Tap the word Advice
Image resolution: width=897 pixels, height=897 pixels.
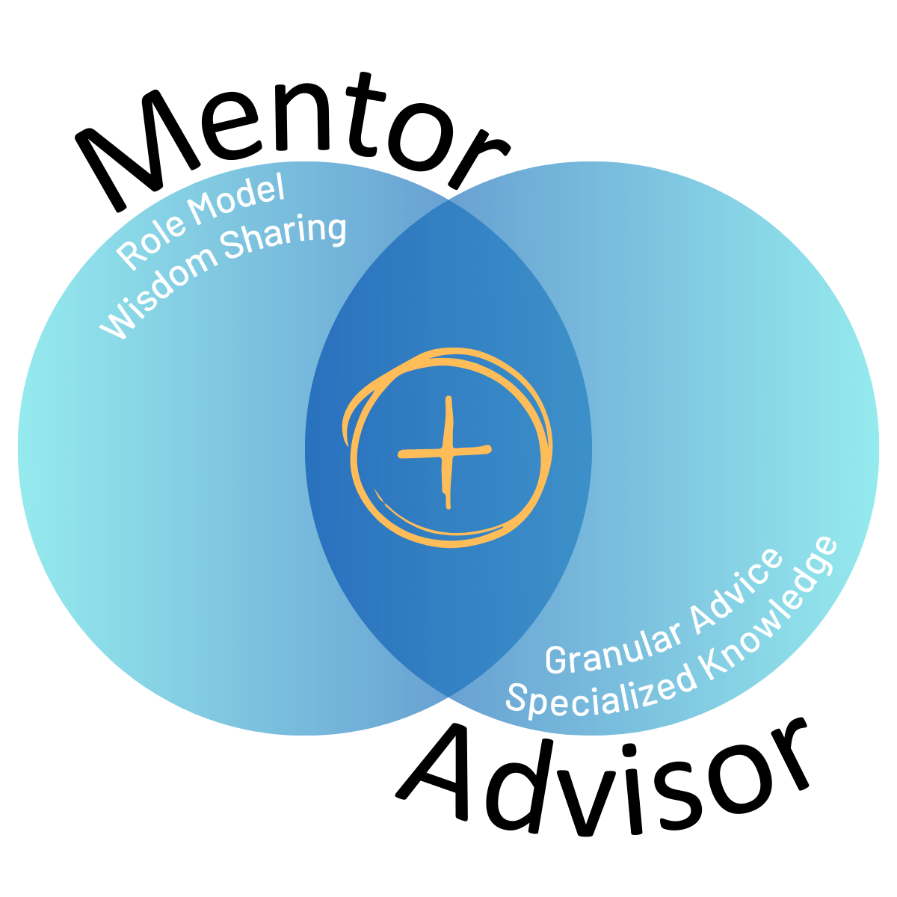pos(736,587)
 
